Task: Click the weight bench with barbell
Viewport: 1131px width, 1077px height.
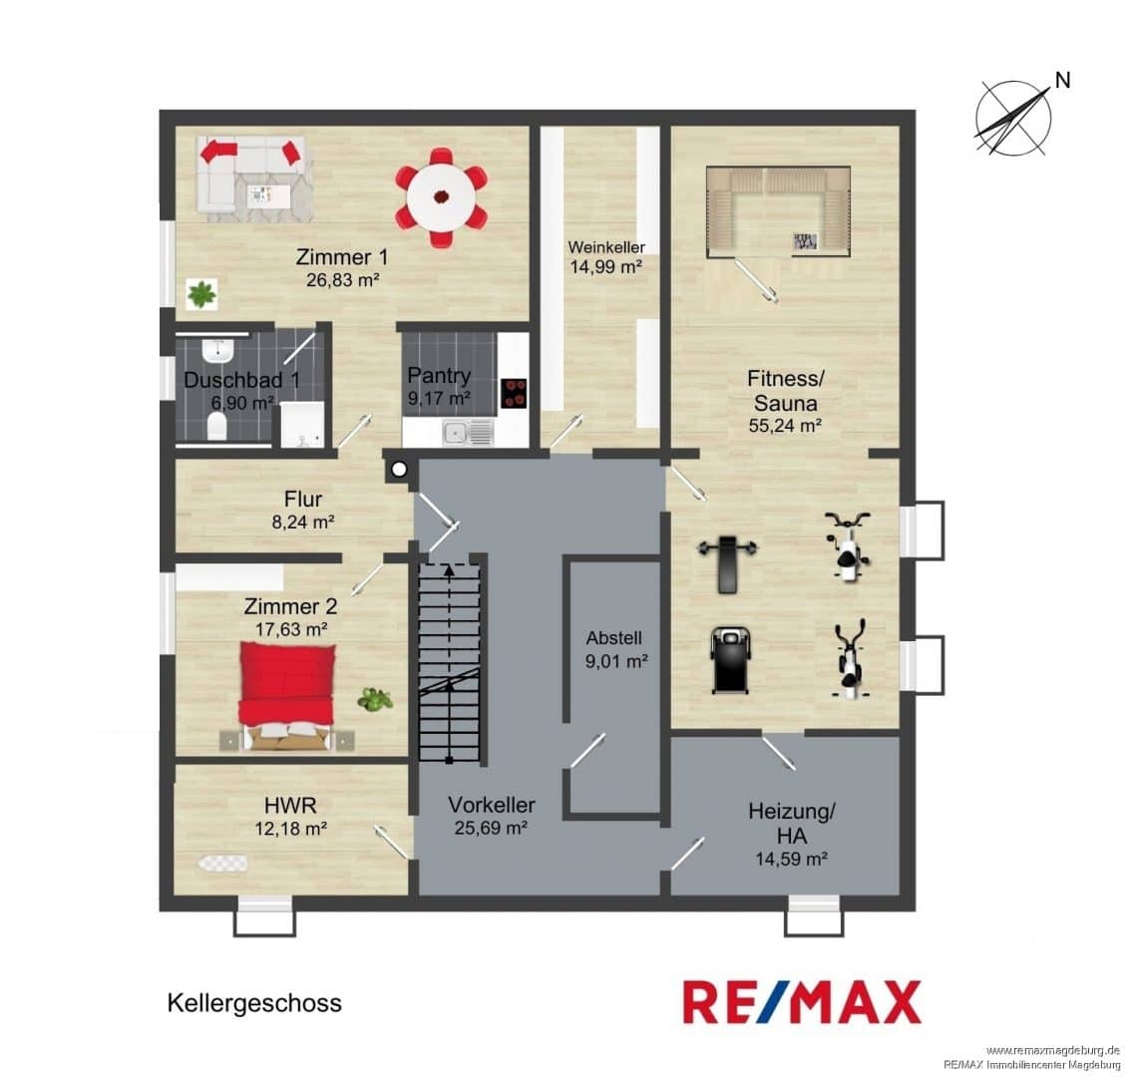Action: tap(728, 560)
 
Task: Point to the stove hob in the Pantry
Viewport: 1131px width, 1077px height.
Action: tap(513, 394)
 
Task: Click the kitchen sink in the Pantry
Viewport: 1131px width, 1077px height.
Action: tap(467, 433)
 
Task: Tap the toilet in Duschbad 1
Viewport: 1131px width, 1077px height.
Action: tap(216, 426)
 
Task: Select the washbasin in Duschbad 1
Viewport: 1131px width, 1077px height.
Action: tap(217, 351)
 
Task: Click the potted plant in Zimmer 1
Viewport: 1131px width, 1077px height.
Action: tap(201, 293)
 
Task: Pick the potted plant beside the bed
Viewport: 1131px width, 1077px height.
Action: tap(375, 698)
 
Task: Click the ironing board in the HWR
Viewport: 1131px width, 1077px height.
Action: tap(222, 862)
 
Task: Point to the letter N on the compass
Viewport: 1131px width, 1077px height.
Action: tap(1062, 80)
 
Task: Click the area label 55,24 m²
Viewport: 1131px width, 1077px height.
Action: tap(785, 426)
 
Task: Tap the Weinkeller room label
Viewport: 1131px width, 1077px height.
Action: tap(606, 247)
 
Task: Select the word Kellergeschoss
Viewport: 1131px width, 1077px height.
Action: tap(254, 1002)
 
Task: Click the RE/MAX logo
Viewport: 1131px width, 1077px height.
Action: tap(802, 1002)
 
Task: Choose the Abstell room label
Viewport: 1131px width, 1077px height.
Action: tap(613, 637)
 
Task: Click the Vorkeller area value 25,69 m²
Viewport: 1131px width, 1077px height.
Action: tap(491, 828)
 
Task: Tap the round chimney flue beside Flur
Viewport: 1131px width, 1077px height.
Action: tap(398, 470)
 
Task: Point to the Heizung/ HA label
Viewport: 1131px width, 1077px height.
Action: tap(791, 823)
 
